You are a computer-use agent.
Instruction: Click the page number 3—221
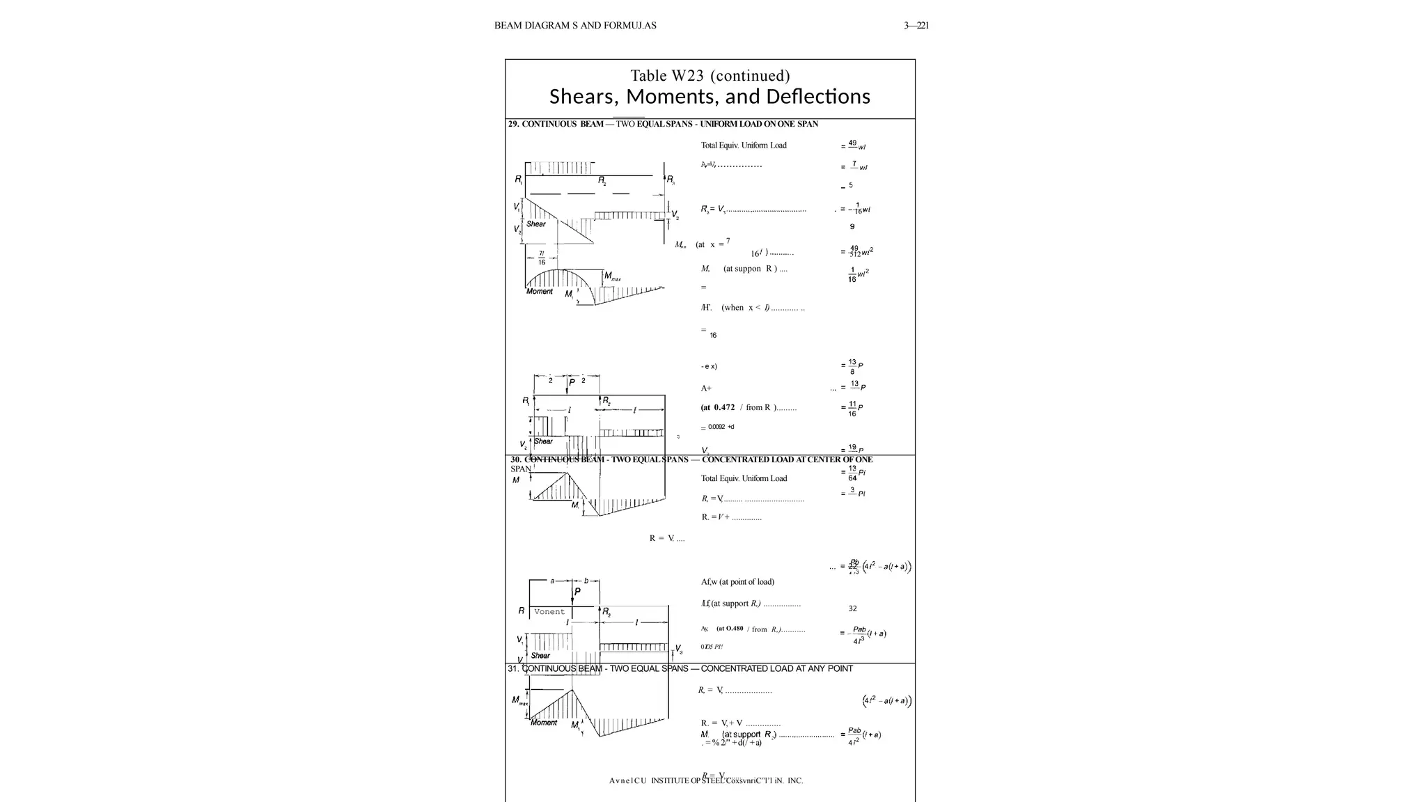(916, 26)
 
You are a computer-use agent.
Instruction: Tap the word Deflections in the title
(814, 96)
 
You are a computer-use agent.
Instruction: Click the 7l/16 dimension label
(542, 258)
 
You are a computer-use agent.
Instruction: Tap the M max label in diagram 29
(612, 276)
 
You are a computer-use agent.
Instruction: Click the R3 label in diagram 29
(671, 180)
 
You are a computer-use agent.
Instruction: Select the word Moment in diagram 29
(540, 291)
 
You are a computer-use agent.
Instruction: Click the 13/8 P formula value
(852, 366)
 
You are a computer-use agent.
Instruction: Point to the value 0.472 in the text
(724, 407)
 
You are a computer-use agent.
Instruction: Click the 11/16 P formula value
(852, 409)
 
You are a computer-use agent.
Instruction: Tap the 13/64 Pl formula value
(853, 473)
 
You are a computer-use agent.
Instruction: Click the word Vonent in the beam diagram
(549, 612)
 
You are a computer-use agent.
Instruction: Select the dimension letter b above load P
(586, 580)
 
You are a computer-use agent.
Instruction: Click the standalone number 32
(852, 608)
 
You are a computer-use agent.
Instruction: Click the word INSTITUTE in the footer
(670, 780)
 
